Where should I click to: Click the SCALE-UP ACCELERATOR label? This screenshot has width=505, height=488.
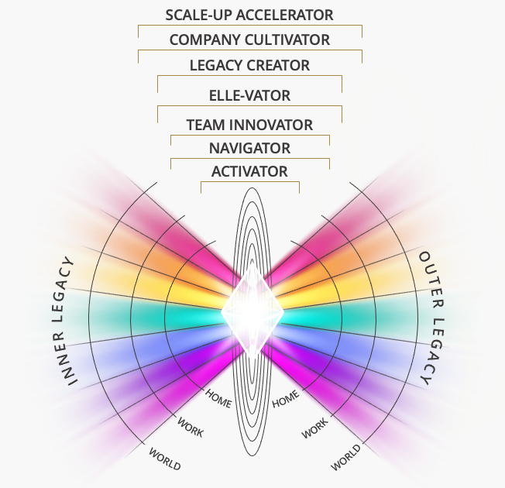coord(249,15)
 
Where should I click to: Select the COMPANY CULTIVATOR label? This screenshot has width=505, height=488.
coord(249,40)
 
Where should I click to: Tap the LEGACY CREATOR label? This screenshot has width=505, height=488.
coord(249,65)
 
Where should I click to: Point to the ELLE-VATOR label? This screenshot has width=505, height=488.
coord(249,96)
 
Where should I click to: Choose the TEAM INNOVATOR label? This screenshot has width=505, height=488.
coord(249,124)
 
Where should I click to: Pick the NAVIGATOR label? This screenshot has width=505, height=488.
coord(249,148)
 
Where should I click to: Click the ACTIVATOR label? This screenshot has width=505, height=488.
coord(249,171)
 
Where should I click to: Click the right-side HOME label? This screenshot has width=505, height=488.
coord(285,399)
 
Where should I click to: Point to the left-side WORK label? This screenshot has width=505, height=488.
coord(191,427)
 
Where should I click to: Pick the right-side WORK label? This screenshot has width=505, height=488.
coord(314,427)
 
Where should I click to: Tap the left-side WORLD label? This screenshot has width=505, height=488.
coord(164,459)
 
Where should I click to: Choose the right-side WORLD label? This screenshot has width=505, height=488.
coord(345,457)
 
